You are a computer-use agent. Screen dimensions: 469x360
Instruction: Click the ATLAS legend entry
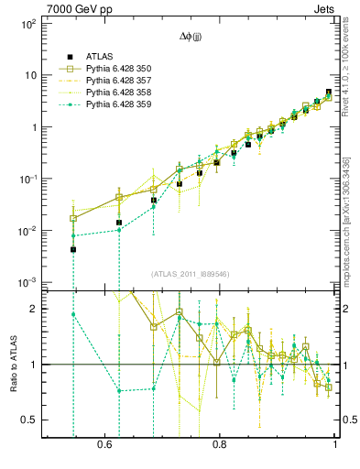pos(101,57)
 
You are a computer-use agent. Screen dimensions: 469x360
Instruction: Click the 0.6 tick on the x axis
pos(104,443)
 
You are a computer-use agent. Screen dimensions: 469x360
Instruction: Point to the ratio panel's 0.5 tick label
pos(30,420)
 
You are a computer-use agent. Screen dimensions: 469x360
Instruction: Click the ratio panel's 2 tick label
pos(34,309)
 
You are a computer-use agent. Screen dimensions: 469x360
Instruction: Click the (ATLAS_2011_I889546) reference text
pos(191,274)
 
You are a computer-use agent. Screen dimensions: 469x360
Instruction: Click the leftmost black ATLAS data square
pos(73,249)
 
